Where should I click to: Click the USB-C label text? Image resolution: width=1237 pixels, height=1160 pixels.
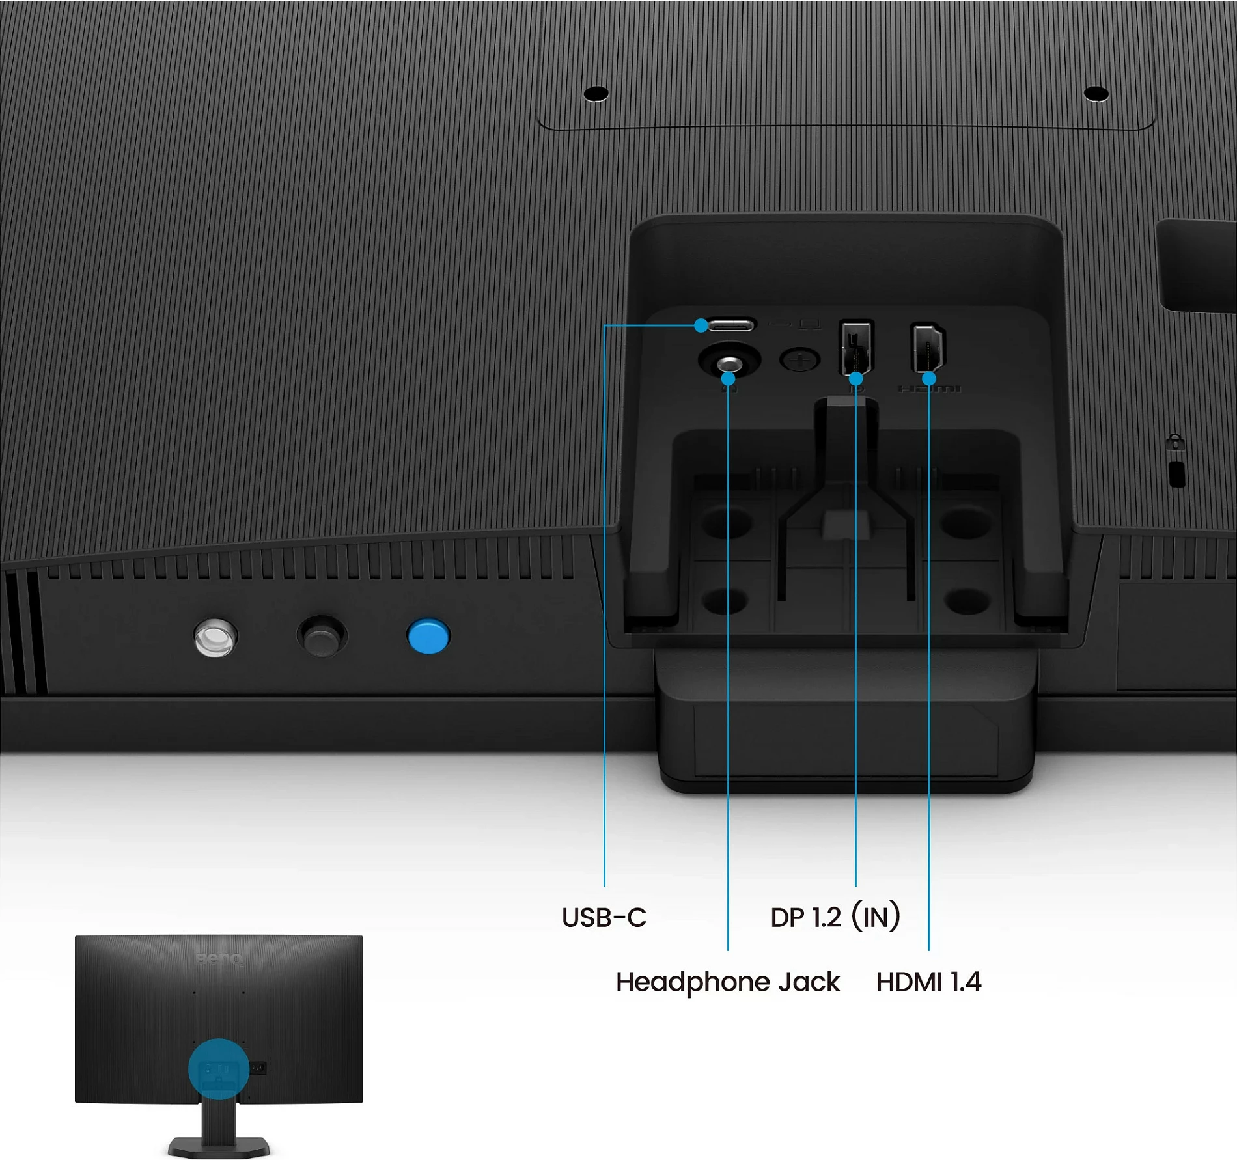pyautogui.click(x=604, y=917)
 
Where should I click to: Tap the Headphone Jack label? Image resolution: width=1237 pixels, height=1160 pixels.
pyautogui.click(x=728, y=982)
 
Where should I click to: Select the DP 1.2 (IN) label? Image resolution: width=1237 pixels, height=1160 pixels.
pyautogui.click(x=835, y=917)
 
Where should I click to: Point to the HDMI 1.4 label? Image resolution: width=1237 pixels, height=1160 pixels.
pyautogui.click(x=928, y=982)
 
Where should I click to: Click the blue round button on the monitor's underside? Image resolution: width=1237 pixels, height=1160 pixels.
pyautogui.click(x=428, y=636)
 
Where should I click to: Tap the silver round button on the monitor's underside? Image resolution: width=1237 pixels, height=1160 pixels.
pyautogui.click(x=215, y=637)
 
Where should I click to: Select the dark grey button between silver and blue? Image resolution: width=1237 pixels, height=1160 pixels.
pyautogui.click(x=322, y=636)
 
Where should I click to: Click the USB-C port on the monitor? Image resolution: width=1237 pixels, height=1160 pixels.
pyautogui.click(x=730, y=325)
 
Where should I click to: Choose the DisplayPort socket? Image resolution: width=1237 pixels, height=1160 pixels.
pyautogui.click(x=856, y=347)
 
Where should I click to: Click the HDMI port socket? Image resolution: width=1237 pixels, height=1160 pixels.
pyautogui.click(x=928, y=347)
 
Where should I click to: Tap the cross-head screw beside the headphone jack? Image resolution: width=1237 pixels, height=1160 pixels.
pyautogui.click(x=799, y=359)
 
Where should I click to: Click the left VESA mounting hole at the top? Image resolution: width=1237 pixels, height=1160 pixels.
pyautogui.click(x=596, y=94)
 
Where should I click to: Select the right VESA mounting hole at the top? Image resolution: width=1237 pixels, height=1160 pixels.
pyautogui.click(x=1096, y=94)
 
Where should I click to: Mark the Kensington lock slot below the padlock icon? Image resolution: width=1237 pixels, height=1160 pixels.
pyautogui.click(x=1176, y=474)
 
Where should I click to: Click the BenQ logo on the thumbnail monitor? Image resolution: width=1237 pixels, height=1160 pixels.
pyautogui.click(x=219, y=959)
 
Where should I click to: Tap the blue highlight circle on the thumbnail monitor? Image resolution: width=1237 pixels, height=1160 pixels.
pyautogui.click(x=219, y=1068)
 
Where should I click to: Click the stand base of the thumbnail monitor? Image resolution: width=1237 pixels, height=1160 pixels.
pyautogui.click(x=219, y=1146)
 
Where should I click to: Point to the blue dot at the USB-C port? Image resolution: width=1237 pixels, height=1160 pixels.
pyautogui.click(x=701, y=325)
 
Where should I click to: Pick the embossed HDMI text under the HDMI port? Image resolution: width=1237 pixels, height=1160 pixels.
pyautogui.click(x=929, y=389)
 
